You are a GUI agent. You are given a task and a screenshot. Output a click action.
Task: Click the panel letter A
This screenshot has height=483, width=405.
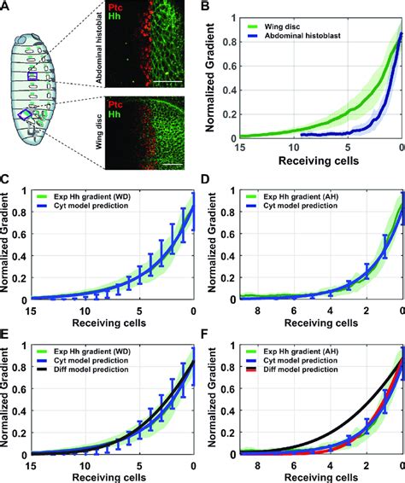click(6, 7)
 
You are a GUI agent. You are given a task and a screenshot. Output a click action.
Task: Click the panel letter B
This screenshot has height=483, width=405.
click(210, 7)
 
